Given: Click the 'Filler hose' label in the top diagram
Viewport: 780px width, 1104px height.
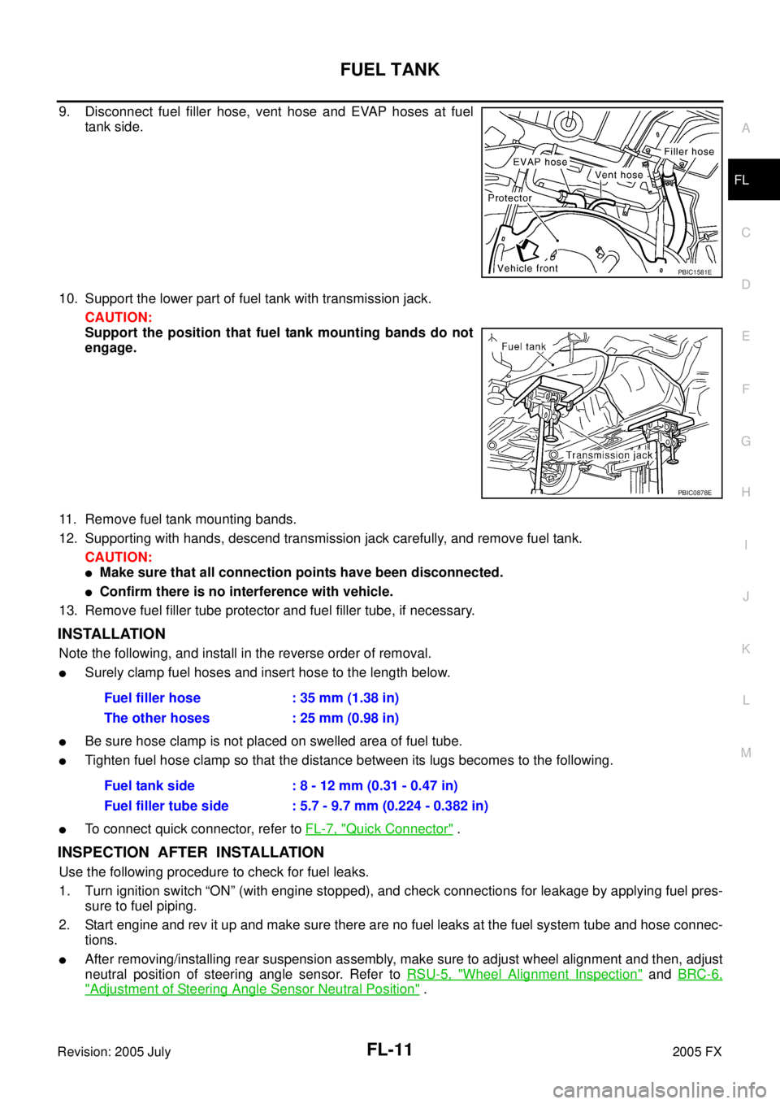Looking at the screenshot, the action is tap(688, 151).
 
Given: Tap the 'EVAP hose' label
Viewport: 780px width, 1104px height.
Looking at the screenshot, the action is tap(539, 162).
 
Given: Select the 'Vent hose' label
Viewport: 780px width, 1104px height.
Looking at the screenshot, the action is tap(618, 175).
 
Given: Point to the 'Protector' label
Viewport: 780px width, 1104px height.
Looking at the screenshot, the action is tap(509, 198).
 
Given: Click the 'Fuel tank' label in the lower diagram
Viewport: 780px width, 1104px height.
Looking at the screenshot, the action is tap(523, 346).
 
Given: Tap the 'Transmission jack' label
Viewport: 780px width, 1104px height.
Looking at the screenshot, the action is tap(609, 455).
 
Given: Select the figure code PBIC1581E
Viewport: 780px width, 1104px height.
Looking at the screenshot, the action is tap(695, 272).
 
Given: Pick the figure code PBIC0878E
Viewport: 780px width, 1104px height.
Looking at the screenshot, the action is tap(695, 492).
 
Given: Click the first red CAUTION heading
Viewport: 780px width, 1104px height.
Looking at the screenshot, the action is tap(119, 317).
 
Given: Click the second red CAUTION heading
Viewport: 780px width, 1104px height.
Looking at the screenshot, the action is tap(119, 557).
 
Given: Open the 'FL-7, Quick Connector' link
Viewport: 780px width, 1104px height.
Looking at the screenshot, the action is tap(379, 828).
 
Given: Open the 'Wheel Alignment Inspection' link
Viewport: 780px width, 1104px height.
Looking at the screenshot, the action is tap(525, 973).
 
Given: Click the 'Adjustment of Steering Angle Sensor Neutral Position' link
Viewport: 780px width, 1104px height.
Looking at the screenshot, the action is tap(252, 989).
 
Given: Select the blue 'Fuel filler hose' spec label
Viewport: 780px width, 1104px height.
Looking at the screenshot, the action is tap(153, 698).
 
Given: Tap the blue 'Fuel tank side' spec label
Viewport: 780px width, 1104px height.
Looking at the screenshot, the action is tap(149, 785).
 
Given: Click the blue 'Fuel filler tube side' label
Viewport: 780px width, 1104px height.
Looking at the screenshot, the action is tap(167, 806).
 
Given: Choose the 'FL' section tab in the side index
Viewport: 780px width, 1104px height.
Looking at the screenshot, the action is tap(741, 180).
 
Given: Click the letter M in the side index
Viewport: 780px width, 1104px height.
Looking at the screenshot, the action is tap(746, 753).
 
